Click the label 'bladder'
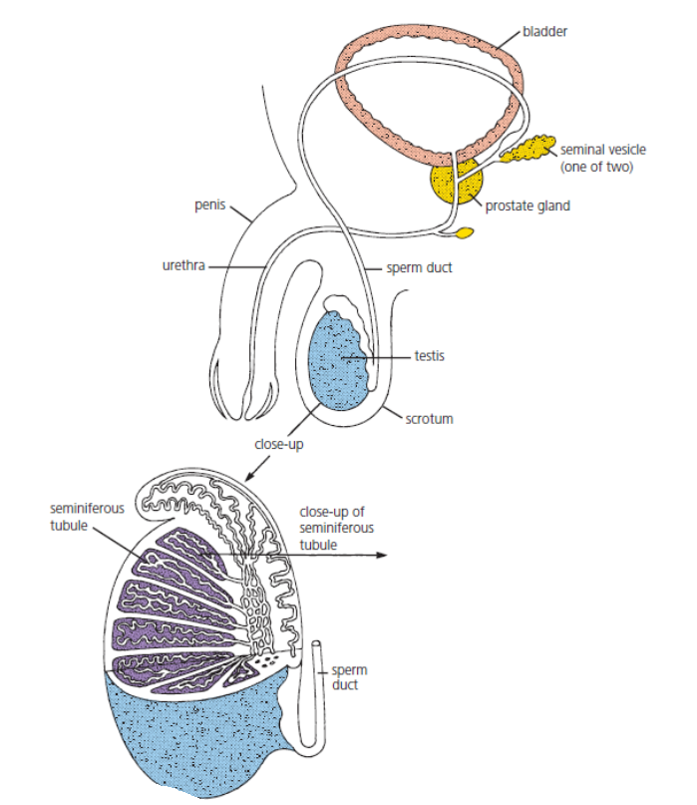click(544, 30)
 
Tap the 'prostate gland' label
click(528, 206)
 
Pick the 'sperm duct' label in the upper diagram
click(413, 267)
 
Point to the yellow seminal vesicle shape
click(527, 148)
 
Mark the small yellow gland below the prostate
click(464, 234)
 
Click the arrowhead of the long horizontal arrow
click(380, 555)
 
